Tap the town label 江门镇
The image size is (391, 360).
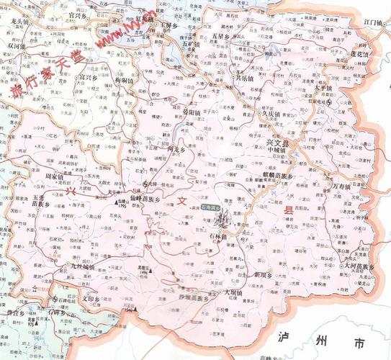tap(373, 23)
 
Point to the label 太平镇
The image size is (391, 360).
tap(324, 87)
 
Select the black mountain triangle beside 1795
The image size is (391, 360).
tap(117, 204)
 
